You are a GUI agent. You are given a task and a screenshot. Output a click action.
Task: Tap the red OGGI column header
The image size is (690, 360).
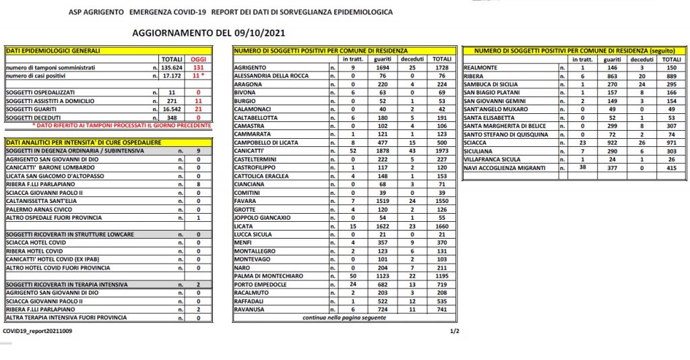click(198, 59)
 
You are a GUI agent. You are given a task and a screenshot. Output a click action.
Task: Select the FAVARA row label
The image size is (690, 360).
click(244, 201)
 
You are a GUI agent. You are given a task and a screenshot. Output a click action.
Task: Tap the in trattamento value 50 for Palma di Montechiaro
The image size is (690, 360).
click(352, 276)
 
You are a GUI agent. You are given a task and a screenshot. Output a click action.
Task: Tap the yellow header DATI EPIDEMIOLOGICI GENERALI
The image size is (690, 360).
click(53, 51)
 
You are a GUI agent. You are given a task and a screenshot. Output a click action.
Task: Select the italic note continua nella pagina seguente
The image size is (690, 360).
click(344, 317)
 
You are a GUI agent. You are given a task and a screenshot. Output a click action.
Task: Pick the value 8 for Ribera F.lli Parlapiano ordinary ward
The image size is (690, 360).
click(199, 183)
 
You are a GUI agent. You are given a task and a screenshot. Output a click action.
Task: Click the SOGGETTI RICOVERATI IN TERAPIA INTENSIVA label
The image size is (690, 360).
click(67, 284)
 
